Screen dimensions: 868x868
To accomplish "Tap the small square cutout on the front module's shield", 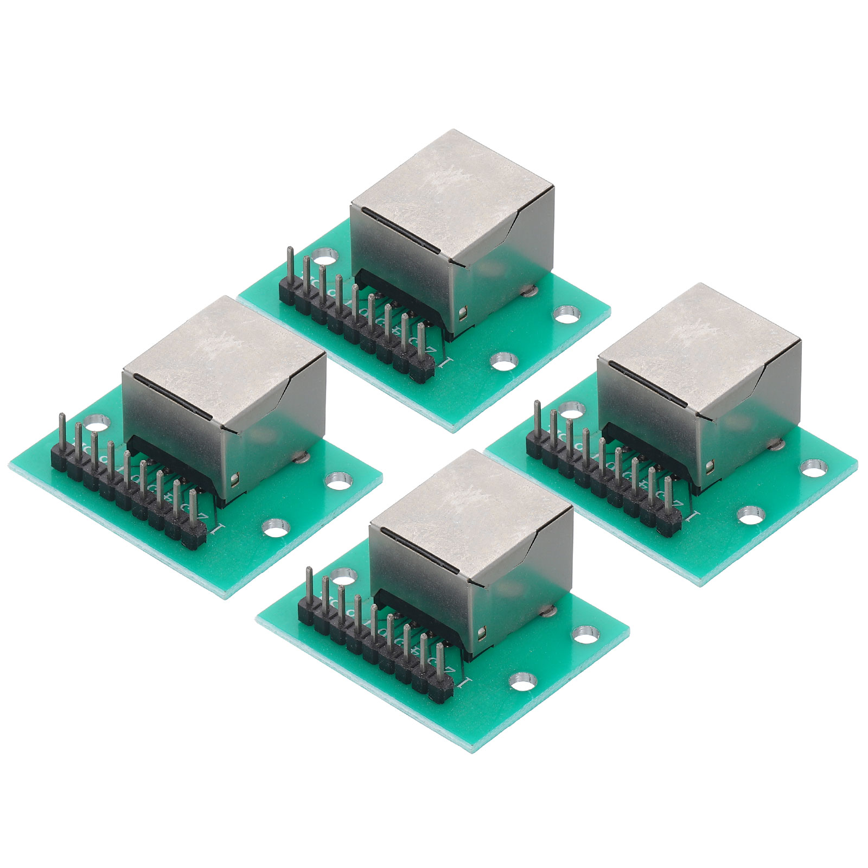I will click(482, 633).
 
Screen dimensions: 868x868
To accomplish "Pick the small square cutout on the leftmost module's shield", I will click(234, 478).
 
